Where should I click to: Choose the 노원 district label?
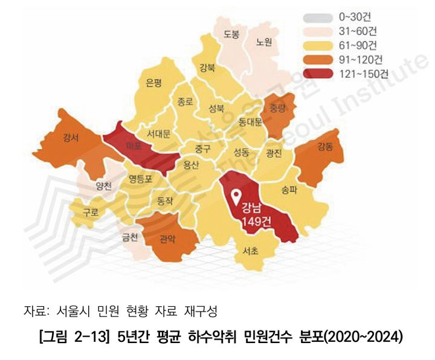tap(265, 42)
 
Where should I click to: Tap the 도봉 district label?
tap(231, 33)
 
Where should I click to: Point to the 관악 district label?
tap(167, 239)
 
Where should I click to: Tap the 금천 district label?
tap(130, 237)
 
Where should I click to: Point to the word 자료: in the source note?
tap(36, 312)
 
